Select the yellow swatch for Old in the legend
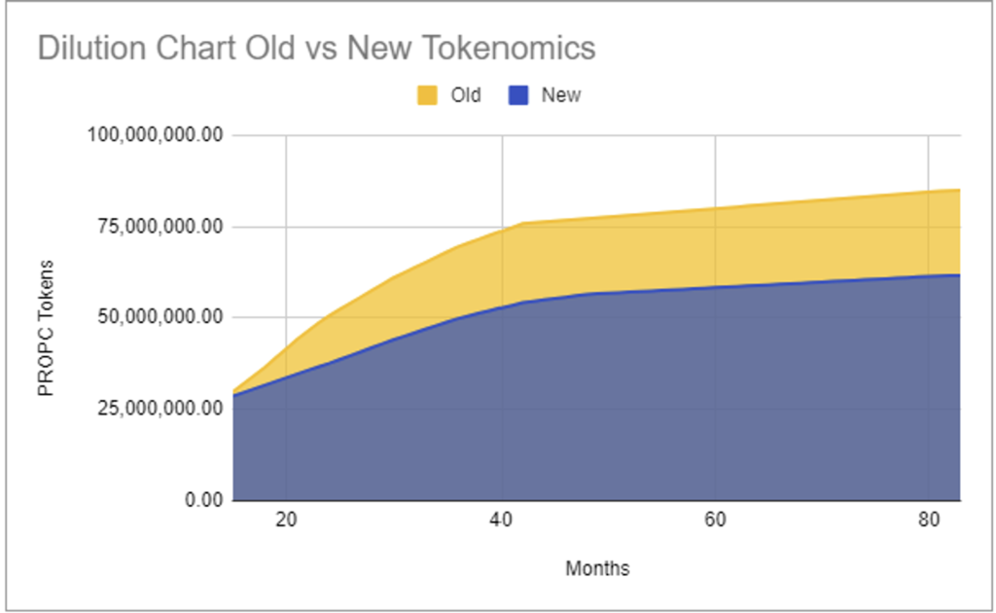coord(428,95)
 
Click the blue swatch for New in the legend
coord(518,95)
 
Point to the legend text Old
coord(465,95)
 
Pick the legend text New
coord(560,95)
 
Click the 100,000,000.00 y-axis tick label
coord(157,135)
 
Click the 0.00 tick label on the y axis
coord(201,500)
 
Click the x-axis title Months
coord(597,568)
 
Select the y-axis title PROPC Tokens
coord(45,327)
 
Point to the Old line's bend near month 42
coord(522,224)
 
